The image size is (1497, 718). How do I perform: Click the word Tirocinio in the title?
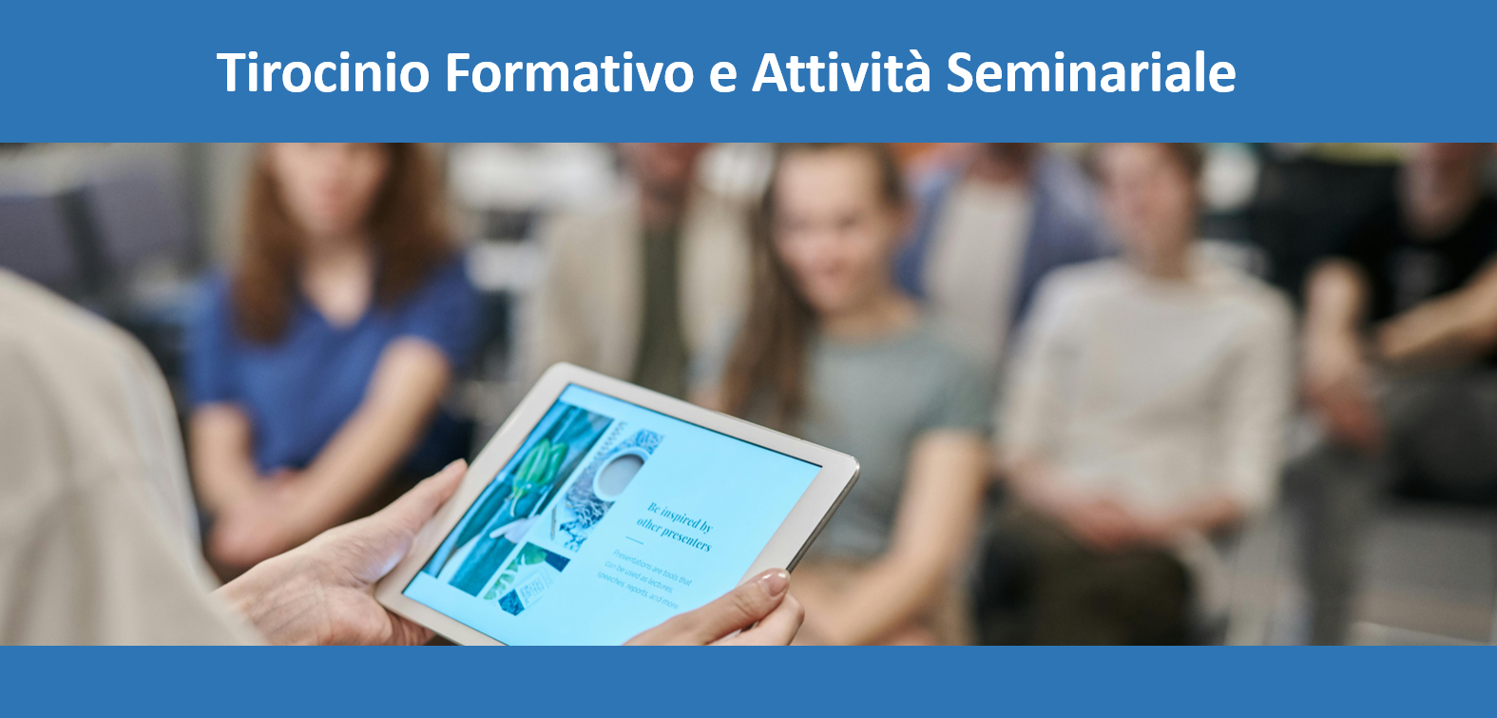(323, 73)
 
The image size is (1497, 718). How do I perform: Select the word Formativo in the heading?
(568, 73)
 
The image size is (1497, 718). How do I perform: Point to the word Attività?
(841, 73)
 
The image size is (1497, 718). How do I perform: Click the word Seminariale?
(1091, 73)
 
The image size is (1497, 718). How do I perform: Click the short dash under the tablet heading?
(634, 541)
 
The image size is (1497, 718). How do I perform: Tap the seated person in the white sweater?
(1141, 380)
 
